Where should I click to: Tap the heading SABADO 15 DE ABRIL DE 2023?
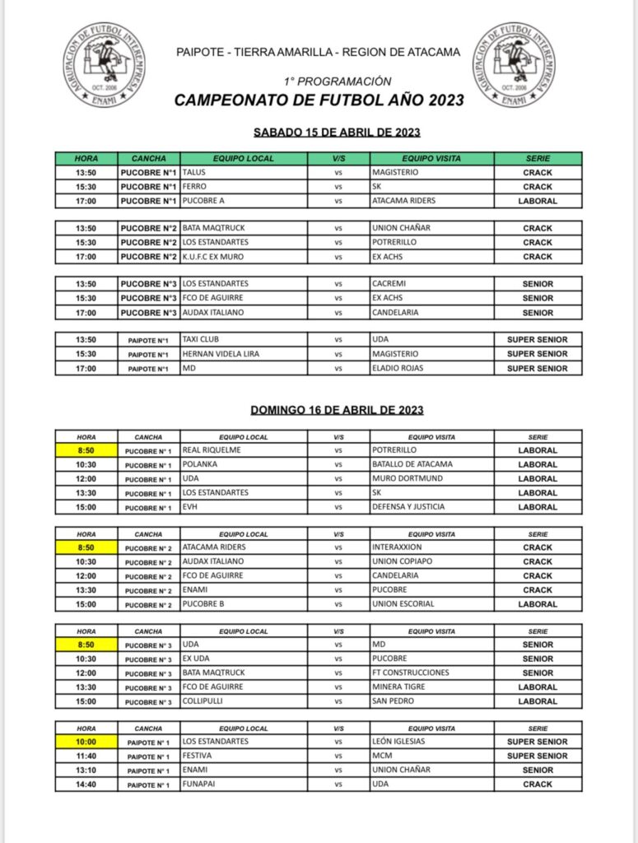tap(338, 132)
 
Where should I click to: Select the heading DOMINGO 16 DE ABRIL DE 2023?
tap(338, 409)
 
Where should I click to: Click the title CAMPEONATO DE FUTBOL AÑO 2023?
tap(319, 100)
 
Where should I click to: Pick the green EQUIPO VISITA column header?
tap(431, 158)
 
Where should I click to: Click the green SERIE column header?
tap(538, 158)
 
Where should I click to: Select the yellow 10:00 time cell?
tap(86, 741)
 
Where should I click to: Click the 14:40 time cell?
tap(86, 785)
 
